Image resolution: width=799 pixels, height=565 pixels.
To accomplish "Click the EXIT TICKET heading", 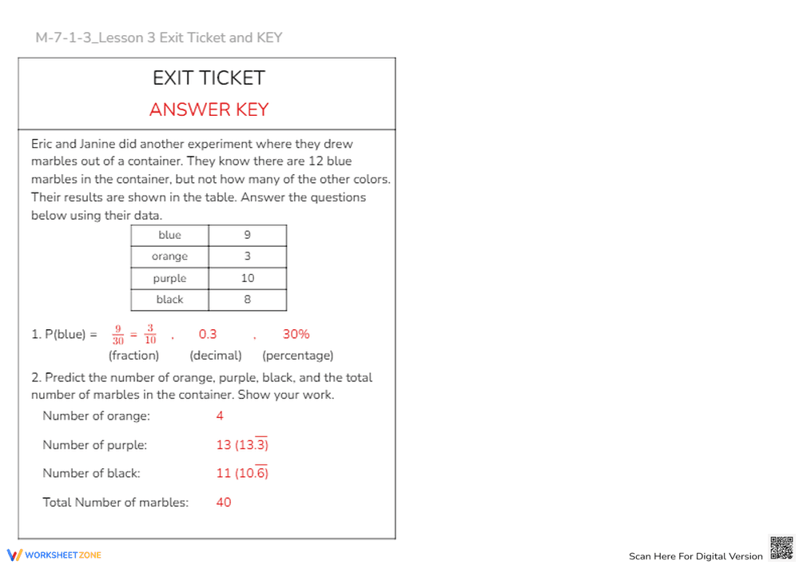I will [x=209, y=78].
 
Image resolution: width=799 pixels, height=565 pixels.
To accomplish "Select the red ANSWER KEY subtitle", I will [x=209, y=110].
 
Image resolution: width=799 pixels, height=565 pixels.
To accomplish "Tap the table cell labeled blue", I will [x=169, y=235].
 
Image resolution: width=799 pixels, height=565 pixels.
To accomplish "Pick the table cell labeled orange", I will [x=169, y=257].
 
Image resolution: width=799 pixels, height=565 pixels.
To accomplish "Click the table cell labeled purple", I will [x=169, y=278].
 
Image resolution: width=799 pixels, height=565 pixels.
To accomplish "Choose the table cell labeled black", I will [x=169, y=300].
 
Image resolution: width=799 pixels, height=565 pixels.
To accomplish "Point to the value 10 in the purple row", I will [x=248, y=278].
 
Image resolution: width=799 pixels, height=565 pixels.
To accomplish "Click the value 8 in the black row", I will [x=248, y=300].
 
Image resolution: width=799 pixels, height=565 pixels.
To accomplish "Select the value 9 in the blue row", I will [x=248, y=235].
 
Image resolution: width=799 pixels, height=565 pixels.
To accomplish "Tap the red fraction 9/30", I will [x=117, y=335].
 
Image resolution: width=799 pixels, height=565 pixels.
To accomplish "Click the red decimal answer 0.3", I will [x=208, y=334].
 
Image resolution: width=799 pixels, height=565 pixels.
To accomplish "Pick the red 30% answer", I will [x=296, y=334].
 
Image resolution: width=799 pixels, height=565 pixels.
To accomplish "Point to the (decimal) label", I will [x=216, y=356].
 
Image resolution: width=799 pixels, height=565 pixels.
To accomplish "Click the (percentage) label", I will [x=298, y=356].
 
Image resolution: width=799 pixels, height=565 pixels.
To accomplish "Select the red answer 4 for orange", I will [x=220, y=416].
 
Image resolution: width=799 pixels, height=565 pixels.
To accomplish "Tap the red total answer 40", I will [x=224, y=503].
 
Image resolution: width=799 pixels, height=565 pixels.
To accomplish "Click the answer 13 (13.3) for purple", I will [x=242, y=444].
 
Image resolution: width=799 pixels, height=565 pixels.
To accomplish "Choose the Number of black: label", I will [x=91, y=473].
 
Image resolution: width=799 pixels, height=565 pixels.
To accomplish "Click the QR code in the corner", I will [x=781, y=548].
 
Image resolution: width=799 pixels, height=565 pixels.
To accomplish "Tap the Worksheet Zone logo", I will [x=54, y=555].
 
